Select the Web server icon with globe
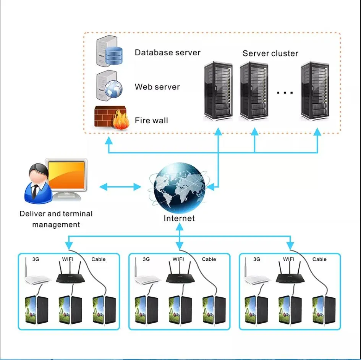(109, 85)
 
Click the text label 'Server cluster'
(270, 53)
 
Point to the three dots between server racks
(285, 92)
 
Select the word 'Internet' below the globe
(179, 218)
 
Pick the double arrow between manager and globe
(120, 187)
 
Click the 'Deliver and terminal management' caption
(56, 219)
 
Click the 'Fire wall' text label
(151, 121)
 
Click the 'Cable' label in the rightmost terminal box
(319, 259)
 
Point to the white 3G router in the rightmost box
(258, 279)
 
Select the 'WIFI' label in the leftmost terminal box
(68, 259)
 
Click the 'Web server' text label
(157, 87)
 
